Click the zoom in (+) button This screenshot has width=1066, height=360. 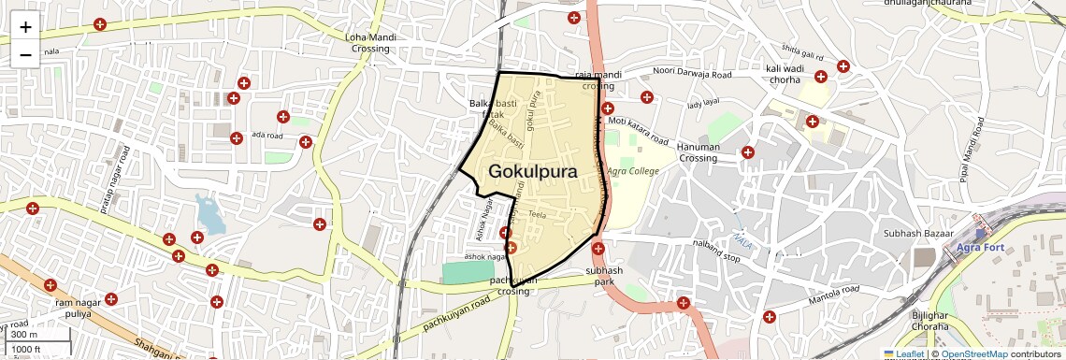pyautogui.click(x=25, y=27)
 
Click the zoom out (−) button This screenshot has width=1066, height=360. pyautogui.click(x=25, y=54)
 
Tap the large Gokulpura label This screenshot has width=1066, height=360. pyautogui.click(x=532, y=171)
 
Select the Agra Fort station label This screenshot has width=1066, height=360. pyautogui.click(x=979, y=248)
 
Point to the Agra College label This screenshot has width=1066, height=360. pyautogui.click(x=633, y=171)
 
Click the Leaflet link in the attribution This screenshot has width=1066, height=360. pyautogui.click(x=904, y=354)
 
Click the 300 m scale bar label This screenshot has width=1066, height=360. pyautogui.click(x=24, y=334)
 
